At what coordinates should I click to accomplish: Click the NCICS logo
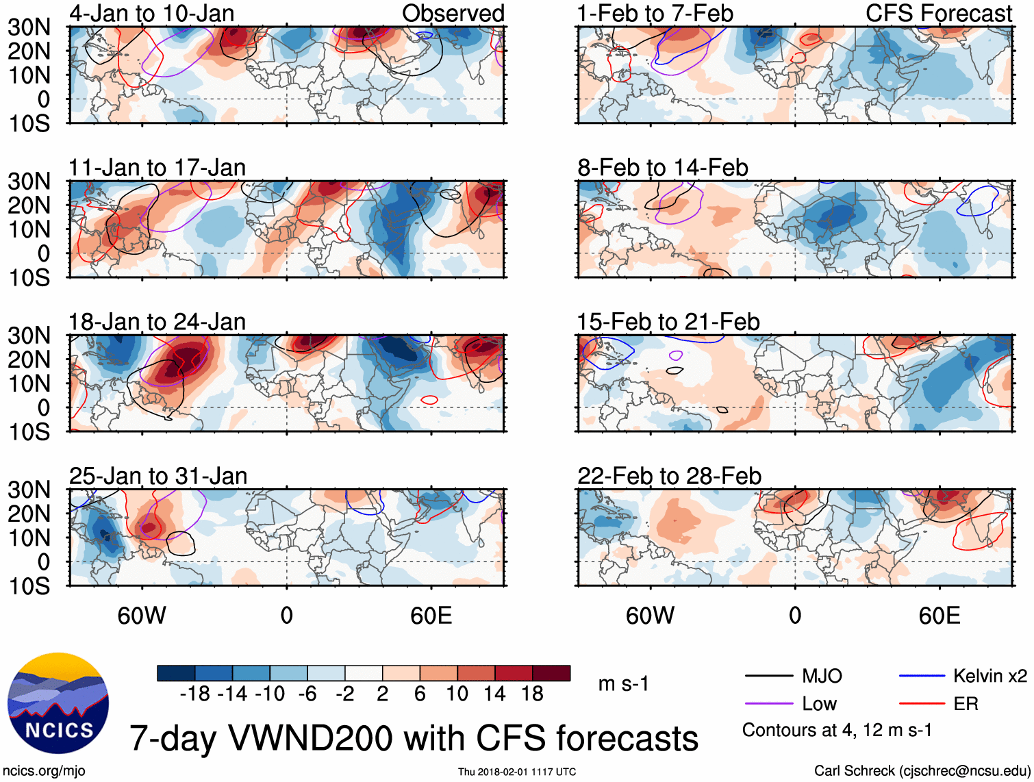tap(58, 703)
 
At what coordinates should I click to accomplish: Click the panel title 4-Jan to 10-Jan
tap(151, 13)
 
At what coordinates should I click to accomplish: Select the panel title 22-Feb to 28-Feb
tap(669, 476)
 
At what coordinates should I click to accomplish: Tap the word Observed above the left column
tap(453, 13)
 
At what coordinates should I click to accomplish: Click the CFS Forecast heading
tap(938, 13)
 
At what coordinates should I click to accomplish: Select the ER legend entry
tap(966, 704)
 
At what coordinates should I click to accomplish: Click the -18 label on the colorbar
tap(194, 694)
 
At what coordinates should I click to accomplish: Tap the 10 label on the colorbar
tap(457, 694)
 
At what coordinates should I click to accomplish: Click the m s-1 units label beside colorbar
tap(623, 684)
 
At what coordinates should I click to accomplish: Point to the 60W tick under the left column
tap(142, 616)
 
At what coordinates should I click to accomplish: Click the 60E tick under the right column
tap(939, 616)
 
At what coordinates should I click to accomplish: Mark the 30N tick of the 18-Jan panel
tap(29, 336)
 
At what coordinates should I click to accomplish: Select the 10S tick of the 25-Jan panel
tap(29, 586)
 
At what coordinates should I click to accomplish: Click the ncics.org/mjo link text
tap(45, 771)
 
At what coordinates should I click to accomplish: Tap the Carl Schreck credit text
tap(922, 771)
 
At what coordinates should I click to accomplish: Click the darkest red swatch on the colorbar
tap(551, 673)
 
